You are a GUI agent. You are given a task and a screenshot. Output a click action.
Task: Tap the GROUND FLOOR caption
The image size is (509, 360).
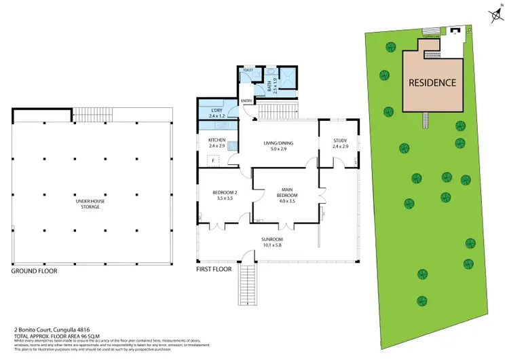tap(34, 270)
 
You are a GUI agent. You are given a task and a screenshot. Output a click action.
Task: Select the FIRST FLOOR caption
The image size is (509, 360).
tap(214, 270)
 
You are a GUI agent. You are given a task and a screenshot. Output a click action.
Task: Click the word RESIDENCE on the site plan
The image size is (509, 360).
tap(432, 83)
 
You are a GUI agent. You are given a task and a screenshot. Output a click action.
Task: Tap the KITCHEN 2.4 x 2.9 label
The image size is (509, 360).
tap(216, 143)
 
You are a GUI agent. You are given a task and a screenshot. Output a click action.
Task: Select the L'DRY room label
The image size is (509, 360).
tap(216, 113)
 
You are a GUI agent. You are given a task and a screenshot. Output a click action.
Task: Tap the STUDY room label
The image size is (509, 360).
tap(339, 143)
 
